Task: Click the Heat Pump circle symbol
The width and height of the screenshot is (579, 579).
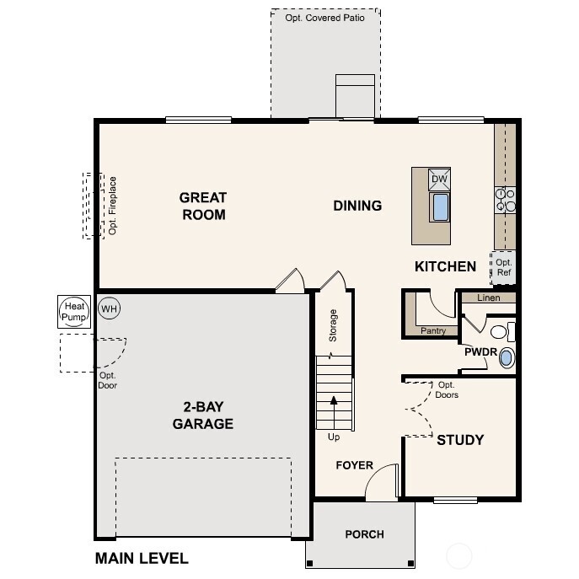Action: (73, 311)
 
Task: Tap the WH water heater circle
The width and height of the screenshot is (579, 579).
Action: (109, 308)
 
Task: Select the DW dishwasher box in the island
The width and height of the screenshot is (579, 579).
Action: (439, 179)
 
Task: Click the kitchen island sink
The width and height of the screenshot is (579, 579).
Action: (440, 206)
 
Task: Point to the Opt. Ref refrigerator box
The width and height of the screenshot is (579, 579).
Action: (503, 267)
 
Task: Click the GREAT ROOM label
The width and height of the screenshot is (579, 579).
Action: (203, 206)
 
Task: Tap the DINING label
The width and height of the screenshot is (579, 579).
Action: (357, 206)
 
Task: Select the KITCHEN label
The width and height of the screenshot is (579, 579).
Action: (445, 266)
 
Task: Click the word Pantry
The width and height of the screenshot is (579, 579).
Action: (433, 331)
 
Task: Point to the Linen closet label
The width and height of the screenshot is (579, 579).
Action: (488, 298)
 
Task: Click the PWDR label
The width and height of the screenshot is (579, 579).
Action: (479, 352)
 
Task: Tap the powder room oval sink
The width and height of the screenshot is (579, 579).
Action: (506, 358)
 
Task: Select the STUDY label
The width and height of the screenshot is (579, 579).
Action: (460, 440)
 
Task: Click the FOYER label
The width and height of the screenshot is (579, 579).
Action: (354, 465)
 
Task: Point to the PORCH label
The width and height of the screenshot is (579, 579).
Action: (364, 534)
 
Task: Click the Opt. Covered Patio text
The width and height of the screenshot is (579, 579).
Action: (325, 18)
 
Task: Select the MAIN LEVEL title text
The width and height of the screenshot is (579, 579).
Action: (142, 558)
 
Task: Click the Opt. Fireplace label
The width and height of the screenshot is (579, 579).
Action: (113, 205)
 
